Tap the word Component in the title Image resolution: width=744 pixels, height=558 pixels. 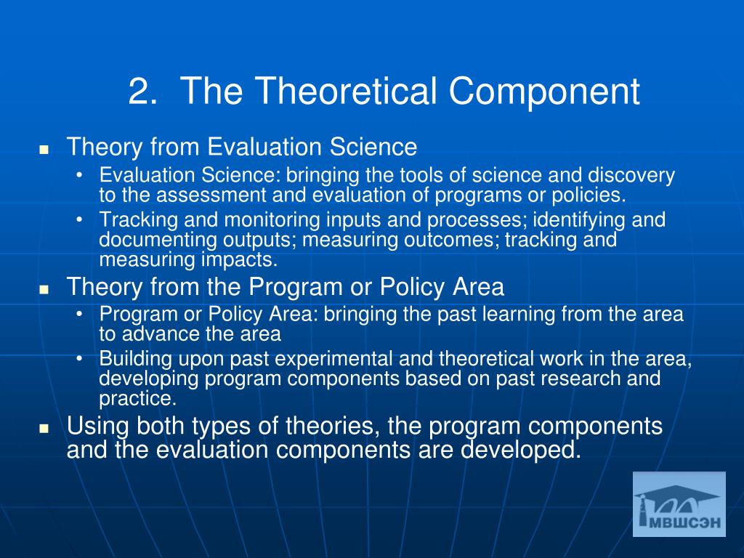(x=544, y=93)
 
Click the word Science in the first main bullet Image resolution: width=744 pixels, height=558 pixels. (x=373, y=147)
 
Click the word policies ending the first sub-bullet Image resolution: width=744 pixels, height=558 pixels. (x=590, y=195)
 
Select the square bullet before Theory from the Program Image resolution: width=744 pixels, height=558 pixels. (x=44, y=289)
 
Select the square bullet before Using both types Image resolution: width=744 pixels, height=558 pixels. (x=44, y=429)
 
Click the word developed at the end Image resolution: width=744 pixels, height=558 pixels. (x=520, y=450)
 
